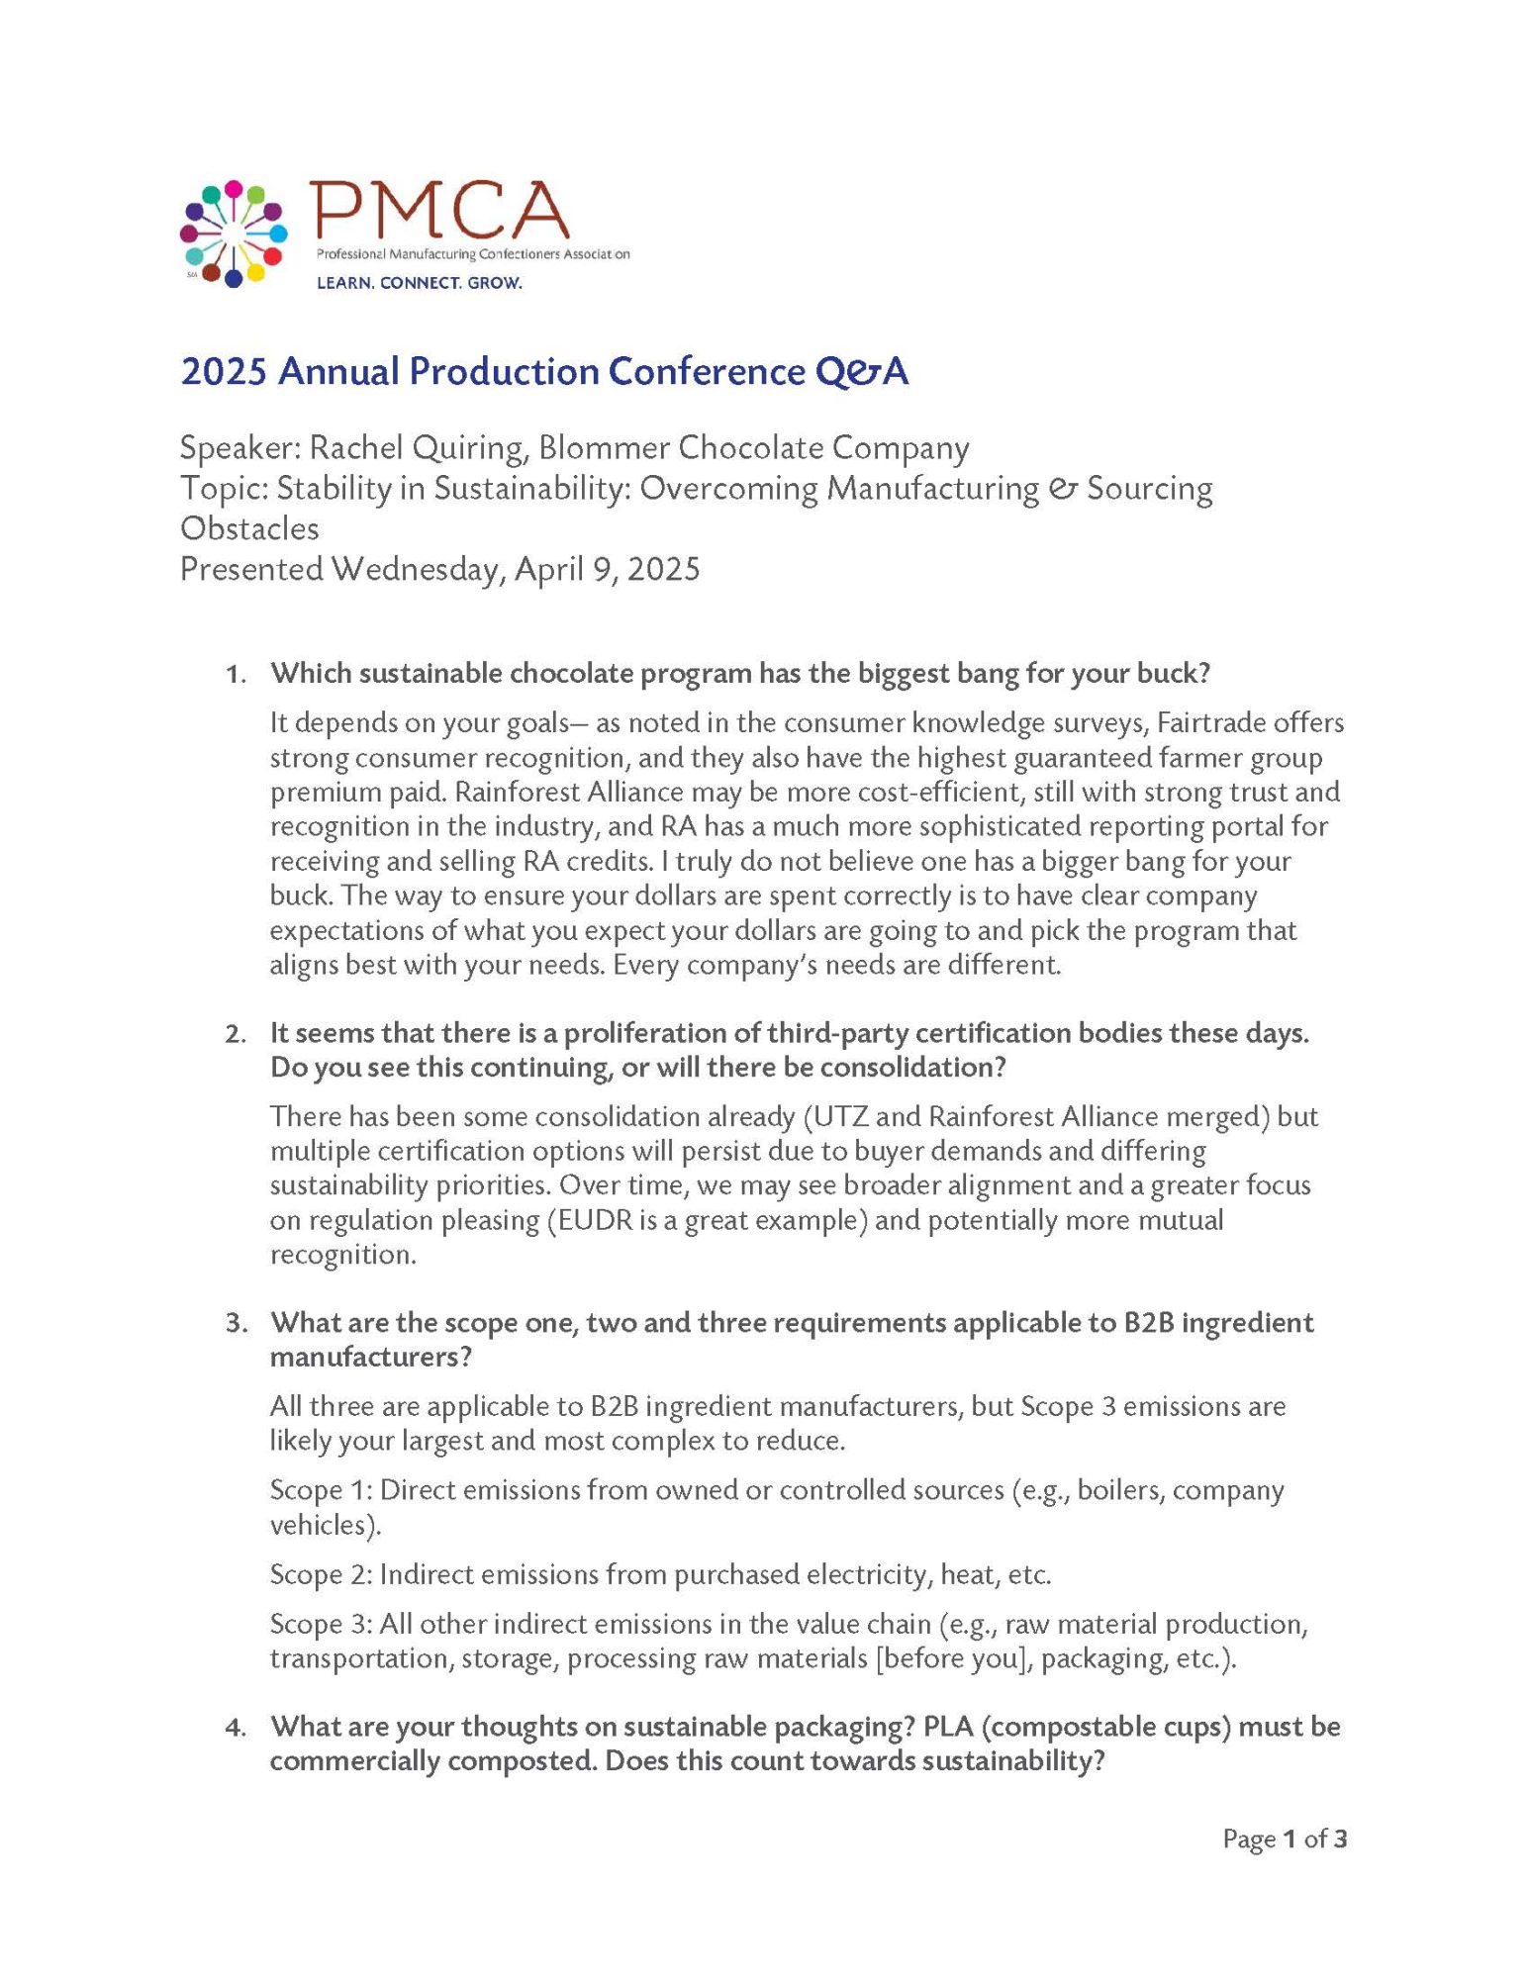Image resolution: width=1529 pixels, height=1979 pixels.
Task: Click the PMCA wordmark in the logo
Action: [x=439, y=210]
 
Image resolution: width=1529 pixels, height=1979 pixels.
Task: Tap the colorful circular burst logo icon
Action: [x=234, y=235]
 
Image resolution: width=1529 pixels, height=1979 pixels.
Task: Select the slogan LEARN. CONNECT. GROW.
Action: [x=419, y=283]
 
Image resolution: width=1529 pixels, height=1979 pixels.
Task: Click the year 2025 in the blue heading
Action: [x=224, y=372]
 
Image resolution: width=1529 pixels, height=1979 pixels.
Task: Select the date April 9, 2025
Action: [x=607, y=569]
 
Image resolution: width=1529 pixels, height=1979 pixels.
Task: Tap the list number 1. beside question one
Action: [x=236, y=675]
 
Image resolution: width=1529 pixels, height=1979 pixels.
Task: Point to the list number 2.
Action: [x=236, y=1035]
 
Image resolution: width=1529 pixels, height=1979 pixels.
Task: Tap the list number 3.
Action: [x=236, y=1324]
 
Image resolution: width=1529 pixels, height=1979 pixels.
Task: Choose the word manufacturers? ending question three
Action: [x=371, y=1357]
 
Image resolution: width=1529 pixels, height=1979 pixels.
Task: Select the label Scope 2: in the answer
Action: [x=321, y=1574]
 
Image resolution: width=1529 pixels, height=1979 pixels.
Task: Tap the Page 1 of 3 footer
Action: [x=1285, y=1839]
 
